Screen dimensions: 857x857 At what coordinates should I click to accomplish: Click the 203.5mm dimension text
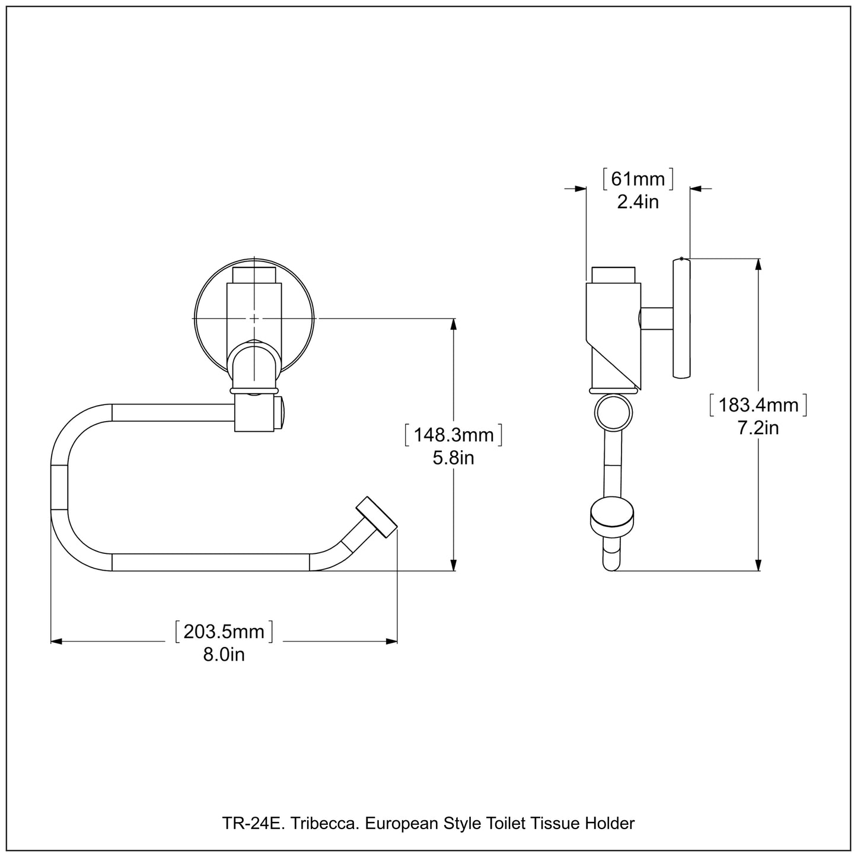pyautogui.click(x=224, y=632)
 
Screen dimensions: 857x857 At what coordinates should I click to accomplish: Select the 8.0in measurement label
pyautogui.click(x=224, y=654)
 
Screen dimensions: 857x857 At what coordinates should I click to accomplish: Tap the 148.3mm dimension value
pyautogui.click(x=453, y=435)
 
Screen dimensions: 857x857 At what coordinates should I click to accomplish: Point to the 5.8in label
pyautogui.click(x=453, y=458)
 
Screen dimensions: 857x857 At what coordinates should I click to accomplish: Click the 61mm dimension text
pyautogui.click(x=638, y=179)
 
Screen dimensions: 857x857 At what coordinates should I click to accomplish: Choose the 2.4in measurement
pyautogui.click(x=638, y=202)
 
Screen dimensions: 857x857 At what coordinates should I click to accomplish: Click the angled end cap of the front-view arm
pyautogui.click(x=377, y=518)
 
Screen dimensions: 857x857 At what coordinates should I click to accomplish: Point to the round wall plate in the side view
pyautogui.click(x=682, y=318)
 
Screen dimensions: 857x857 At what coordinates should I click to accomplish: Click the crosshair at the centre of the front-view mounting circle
pyautogui.click(x=254, y=318)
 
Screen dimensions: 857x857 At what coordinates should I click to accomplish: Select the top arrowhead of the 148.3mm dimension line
pyautogui.click(x=454, y=324)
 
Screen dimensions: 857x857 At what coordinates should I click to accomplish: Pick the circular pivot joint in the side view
pyautogui.click(x=613, y=413)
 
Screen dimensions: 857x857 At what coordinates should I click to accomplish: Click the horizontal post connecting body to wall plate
pyautogui.click(x=657, y=318)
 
